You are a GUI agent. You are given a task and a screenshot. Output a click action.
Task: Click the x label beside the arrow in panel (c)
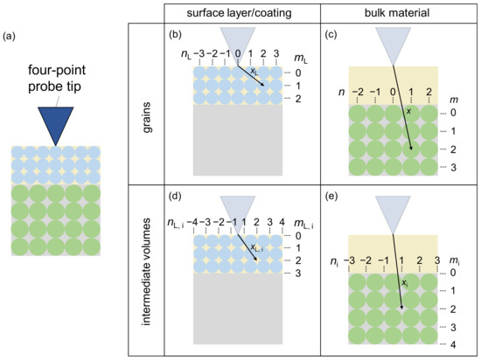(x=408, y=113)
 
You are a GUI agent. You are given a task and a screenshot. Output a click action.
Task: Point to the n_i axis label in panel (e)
(x=333, y=260)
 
